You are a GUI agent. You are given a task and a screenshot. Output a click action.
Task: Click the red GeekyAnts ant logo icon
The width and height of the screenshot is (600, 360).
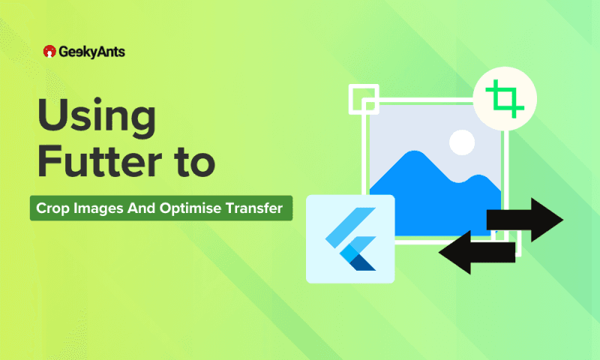(x=49, y=52)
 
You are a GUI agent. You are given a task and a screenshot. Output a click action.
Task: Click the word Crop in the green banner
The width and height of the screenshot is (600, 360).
(x=53, y=208)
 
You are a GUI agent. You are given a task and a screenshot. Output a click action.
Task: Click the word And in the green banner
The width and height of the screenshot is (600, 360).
(x=142, y=208)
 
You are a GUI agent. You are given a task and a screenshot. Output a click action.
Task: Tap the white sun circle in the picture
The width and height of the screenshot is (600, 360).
(x=461, y=140)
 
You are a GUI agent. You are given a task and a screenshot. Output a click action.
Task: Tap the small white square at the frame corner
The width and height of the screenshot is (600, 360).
(x=362, y=97)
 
